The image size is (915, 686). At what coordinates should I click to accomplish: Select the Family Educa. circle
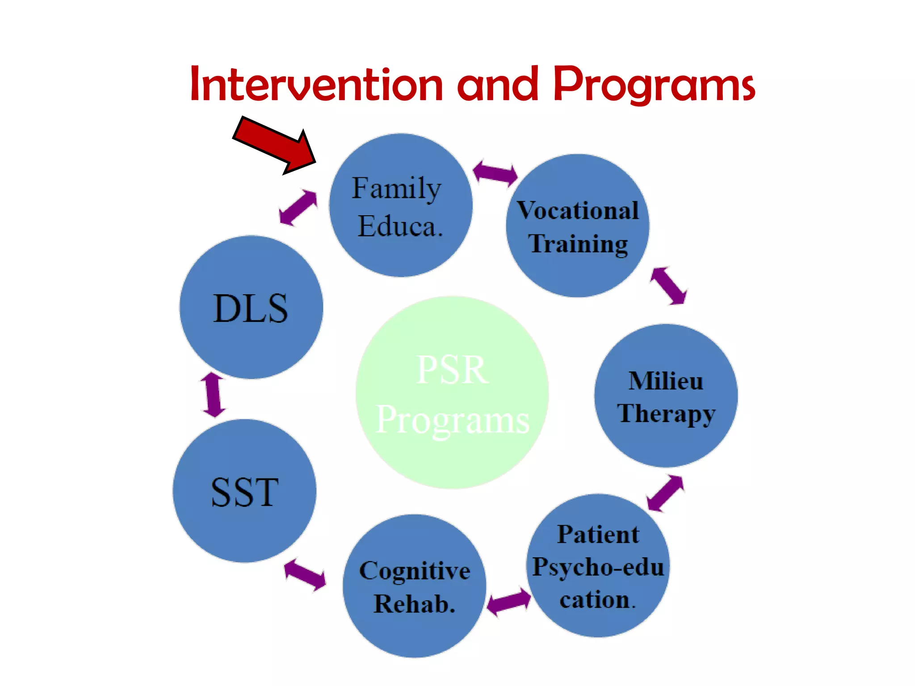[x=400, y=205]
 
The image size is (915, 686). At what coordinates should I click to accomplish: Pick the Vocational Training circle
[x=577, y=226]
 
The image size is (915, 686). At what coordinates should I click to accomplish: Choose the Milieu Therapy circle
[x=666, y=396]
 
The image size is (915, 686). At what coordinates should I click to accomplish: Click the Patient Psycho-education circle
[x=598, y=565]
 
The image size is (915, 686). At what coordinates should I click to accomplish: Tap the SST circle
[x=244, y=491]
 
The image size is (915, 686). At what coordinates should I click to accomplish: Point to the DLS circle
[x=251, y=307]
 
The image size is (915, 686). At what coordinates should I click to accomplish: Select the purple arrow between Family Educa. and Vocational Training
[x=495, y=172]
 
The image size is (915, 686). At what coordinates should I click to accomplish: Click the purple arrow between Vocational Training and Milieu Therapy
[x=668, y=286]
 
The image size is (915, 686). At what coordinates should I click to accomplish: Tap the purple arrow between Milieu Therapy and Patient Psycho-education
[x=665, y=493]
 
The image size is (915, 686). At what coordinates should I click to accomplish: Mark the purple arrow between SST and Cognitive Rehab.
[x=305, y=574]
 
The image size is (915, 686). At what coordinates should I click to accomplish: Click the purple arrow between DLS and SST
[x=213, y=395]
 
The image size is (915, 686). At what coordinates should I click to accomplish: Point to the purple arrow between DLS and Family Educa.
[x=298, y=208]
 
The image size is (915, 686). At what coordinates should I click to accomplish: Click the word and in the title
[x=497, y=84]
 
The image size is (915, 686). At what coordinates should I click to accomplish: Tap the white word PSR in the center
[x=452, y=370]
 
